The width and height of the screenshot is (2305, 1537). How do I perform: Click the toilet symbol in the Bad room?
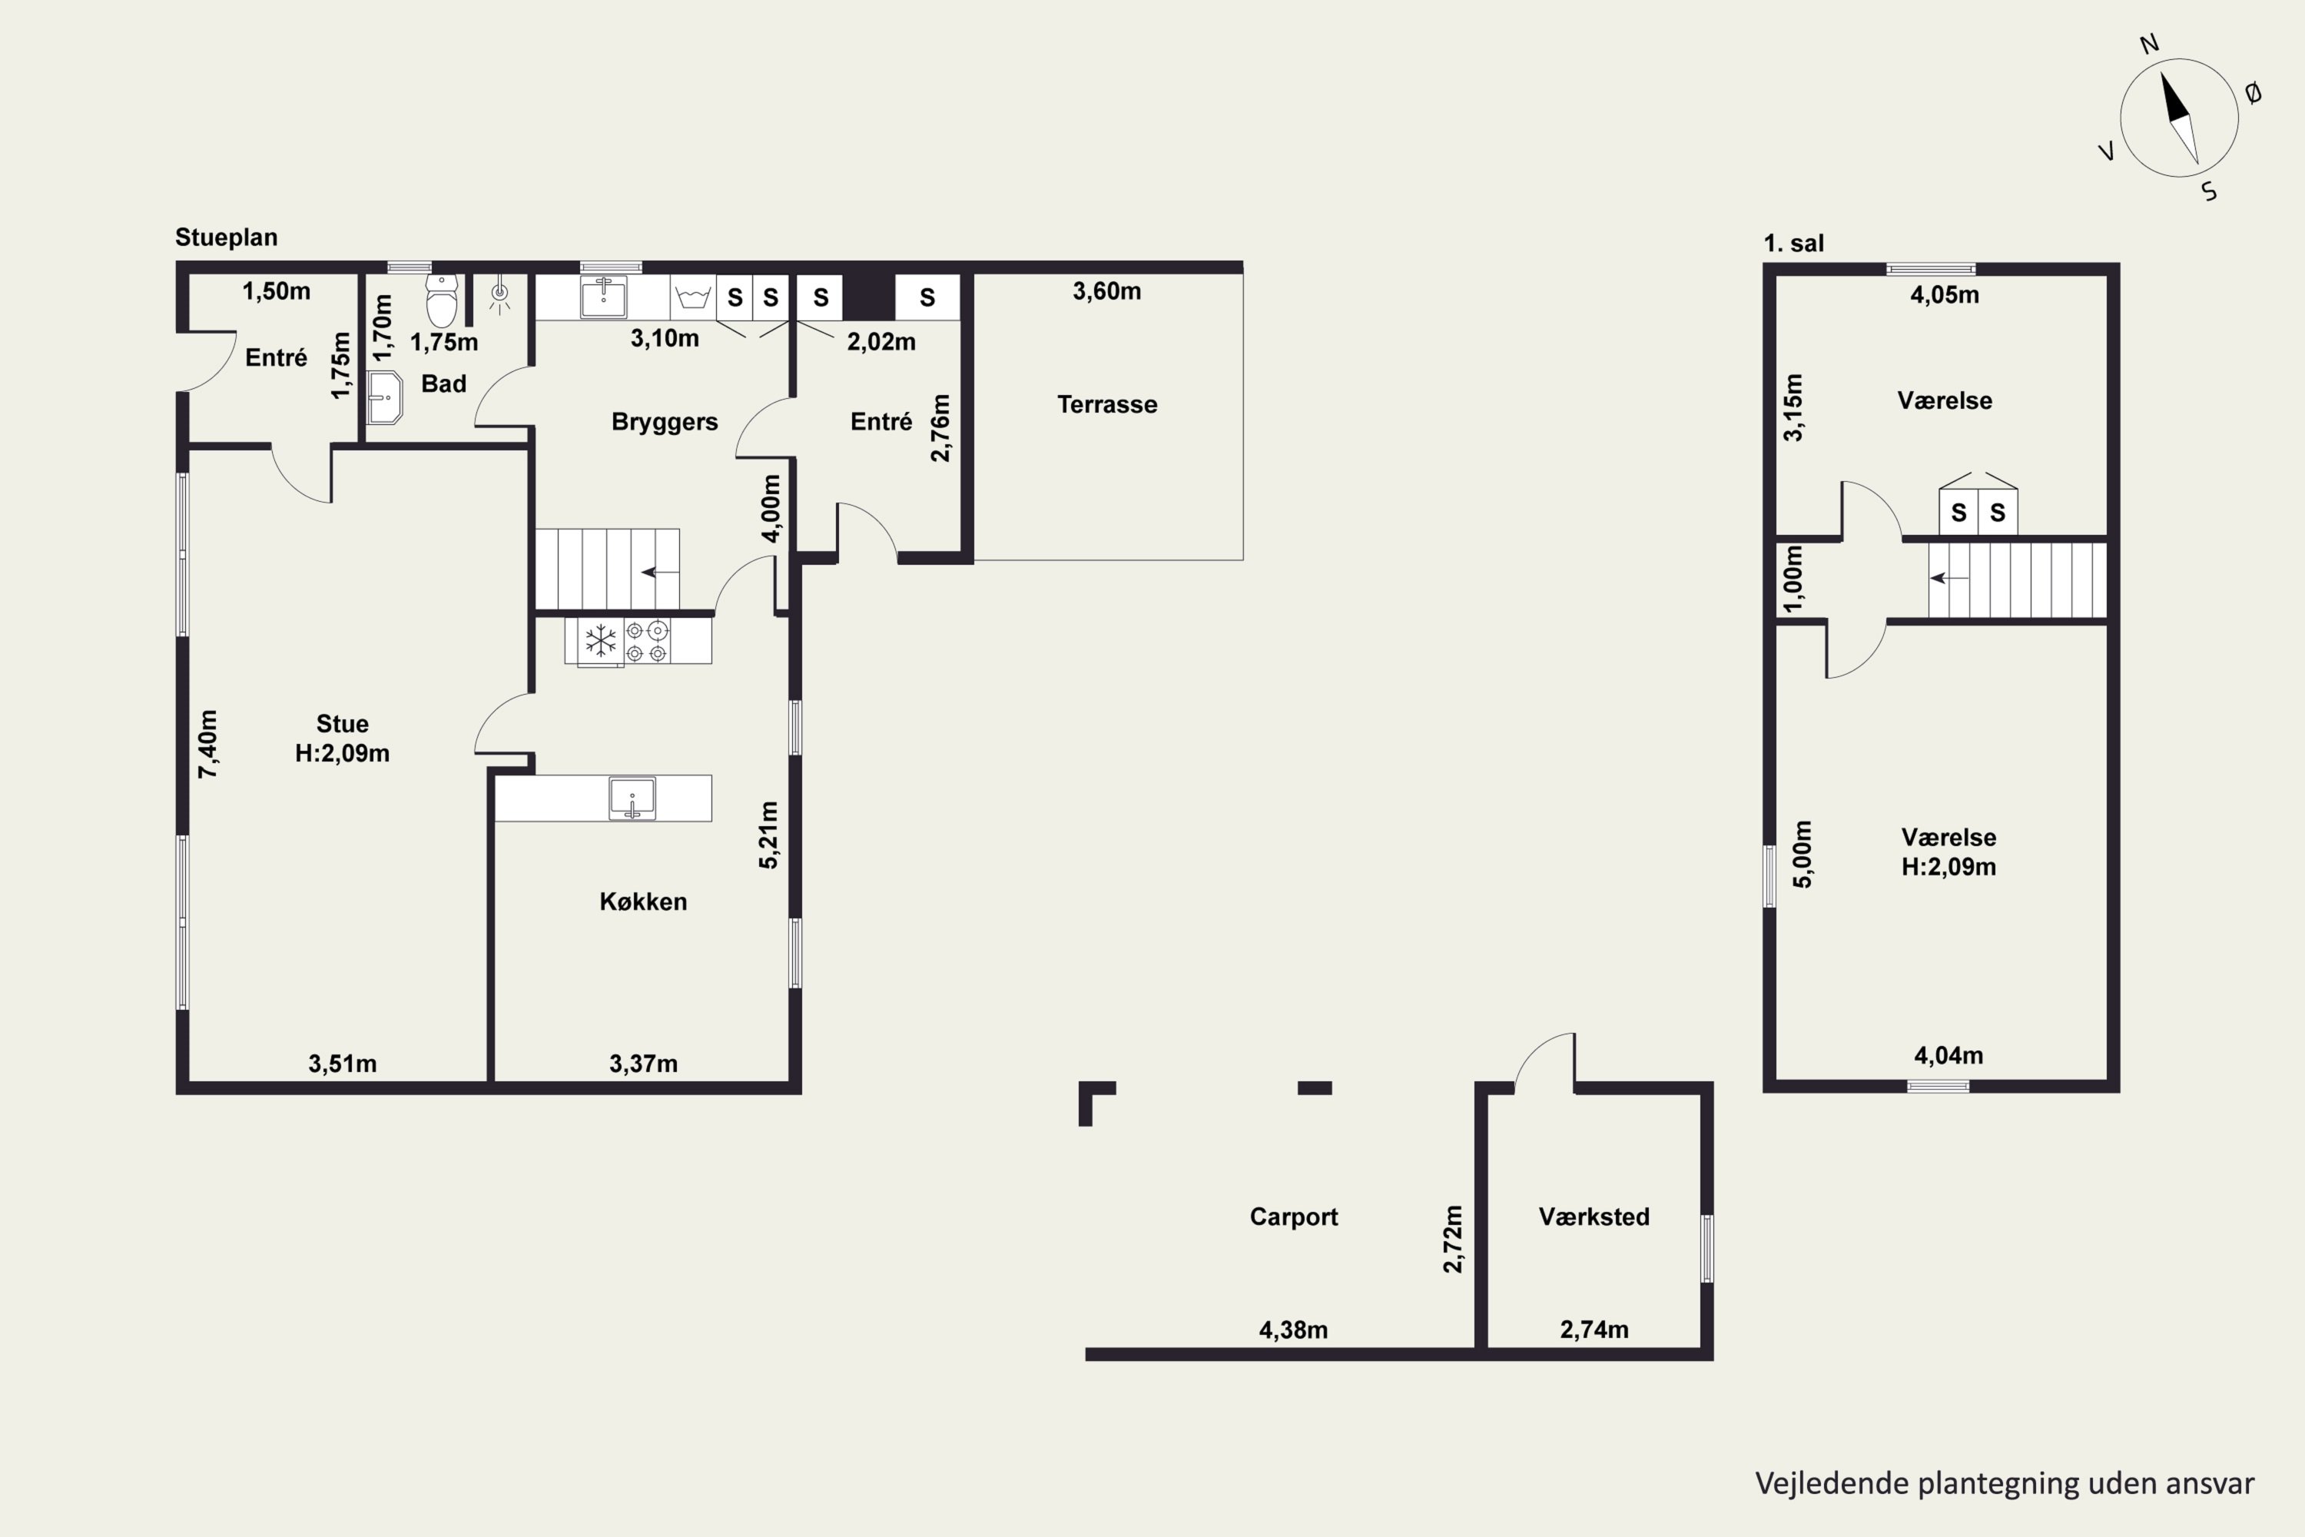click(x=442, y=300)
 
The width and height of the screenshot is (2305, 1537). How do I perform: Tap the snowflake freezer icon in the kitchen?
click(x=600, y=641)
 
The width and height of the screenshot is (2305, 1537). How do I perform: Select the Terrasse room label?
click(x=1107, y=404)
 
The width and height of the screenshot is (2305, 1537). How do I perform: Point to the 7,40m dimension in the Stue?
click(x=207, y=744)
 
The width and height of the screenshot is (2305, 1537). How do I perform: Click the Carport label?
click(x=1294, y=1217)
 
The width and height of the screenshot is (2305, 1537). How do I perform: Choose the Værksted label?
click(x=1594, y=1217)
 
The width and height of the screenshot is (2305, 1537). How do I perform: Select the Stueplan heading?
click(x=227, y=237)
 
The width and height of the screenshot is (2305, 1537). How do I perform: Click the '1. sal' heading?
click(x=1793, y=243)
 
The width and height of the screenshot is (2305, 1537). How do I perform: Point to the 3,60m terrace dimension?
click(x=1106, y=291)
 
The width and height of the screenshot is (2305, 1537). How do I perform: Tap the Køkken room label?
click(x=643, y=901)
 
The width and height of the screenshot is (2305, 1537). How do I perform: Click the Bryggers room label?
click(x=665, y=421)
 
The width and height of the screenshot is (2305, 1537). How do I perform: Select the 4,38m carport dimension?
click(x=1294, y=1330)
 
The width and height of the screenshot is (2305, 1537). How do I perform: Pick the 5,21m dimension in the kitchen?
click(x=768, y=835)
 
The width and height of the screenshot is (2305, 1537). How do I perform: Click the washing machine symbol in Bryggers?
click(x=693, y=297)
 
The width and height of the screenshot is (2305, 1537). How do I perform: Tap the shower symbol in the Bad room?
click(x=500, y=294)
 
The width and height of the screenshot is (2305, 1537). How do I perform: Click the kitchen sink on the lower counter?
click(x=632, y=798)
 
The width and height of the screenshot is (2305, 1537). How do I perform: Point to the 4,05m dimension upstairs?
click(x=1945, y=295)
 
